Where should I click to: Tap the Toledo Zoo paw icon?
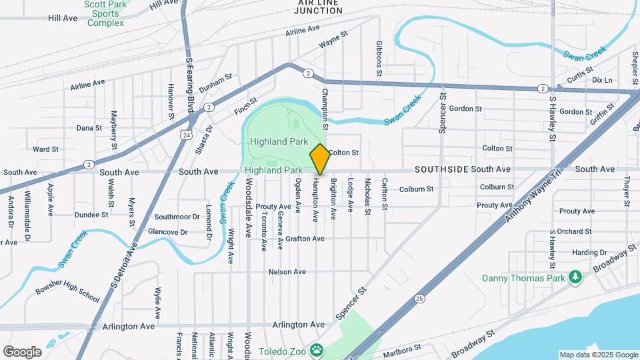318,349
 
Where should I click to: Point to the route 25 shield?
419,297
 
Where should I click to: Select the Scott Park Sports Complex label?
105,13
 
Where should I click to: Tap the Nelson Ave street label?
287,272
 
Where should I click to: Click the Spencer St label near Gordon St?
441,110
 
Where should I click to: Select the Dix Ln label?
601,80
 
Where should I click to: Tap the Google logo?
22,352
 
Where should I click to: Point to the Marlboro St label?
402,348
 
